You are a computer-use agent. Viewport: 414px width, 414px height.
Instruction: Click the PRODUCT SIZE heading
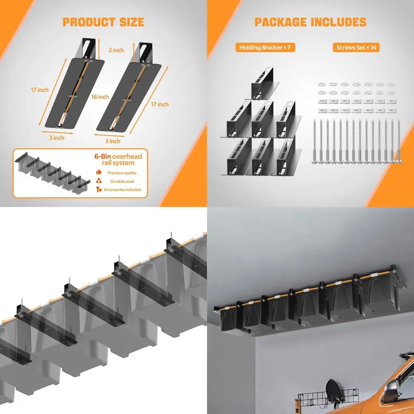(x=103, y=22)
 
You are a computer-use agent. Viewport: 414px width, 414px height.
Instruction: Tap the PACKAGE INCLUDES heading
(x=310, y=22)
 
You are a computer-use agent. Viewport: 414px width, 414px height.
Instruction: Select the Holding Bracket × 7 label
(x=265, y=48)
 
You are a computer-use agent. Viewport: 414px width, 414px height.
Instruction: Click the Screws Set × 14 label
(x=356, y=48)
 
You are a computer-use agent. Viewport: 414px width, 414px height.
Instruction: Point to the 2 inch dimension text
(x=116, y=50)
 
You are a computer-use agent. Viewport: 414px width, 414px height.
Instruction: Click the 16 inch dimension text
(x=100, y=97)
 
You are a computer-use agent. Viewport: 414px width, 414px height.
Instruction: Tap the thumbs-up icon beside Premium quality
(x=99, y=172)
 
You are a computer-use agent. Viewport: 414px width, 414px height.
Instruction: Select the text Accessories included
(x=122, y=190)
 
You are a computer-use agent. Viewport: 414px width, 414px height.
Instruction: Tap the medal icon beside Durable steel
(x=99, y=181)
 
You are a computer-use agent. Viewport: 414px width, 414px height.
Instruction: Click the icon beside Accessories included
(x=99, y=190)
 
